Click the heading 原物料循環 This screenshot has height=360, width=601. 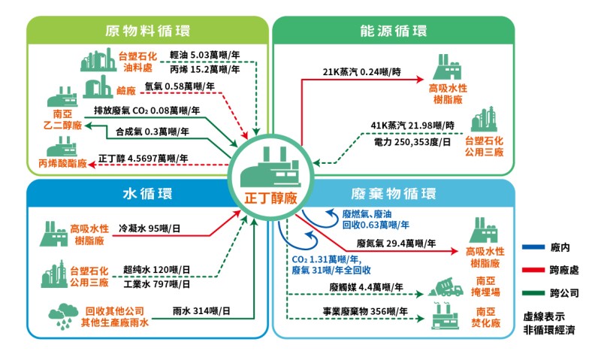tap(147, 31)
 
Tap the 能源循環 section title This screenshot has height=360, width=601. tap(393, 31)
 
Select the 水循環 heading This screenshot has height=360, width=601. tap(147, 194)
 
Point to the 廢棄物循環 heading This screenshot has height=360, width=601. tap(393, 194)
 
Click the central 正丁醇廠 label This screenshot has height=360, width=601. tap(271, 198)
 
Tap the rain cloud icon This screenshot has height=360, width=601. tap(63, 316)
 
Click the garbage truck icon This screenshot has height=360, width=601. tap(445, 287)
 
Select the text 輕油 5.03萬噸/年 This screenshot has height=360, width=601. tap(204, 55)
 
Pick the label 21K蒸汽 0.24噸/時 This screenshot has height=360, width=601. tap(362, 71)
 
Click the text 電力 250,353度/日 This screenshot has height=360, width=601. tap(412, 142)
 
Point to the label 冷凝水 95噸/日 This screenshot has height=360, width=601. tap(149, 229)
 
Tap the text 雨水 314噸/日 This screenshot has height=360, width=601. tap(201, 311)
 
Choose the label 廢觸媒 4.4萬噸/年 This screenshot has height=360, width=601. tap(366, 287)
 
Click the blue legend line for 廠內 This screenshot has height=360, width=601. tap(533, 247)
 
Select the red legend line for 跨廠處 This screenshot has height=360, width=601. tap(533, 271)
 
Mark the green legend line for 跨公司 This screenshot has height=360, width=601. tap(533, 293)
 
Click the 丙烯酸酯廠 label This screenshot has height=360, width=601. tap(62, 164)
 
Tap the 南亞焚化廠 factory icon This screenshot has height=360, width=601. tap(445, 316)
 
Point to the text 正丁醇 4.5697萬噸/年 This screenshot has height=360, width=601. tap(143, 159)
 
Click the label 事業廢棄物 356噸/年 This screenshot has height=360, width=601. tap(365, 311)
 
